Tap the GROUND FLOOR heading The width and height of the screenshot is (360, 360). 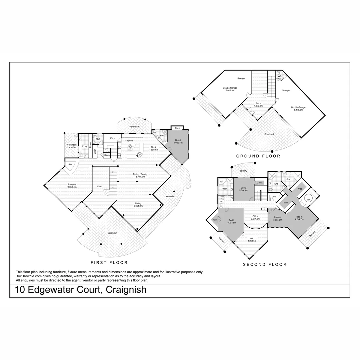pos(258,156)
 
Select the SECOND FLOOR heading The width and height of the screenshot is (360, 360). pos(265,264)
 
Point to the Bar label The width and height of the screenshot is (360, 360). pos(70,165)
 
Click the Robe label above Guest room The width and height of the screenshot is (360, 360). pos(178,128)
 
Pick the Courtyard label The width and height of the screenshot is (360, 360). pos(269,134)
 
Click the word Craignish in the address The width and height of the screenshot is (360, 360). pos(126,290)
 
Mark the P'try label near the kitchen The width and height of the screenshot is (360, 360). pos(108,138)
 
